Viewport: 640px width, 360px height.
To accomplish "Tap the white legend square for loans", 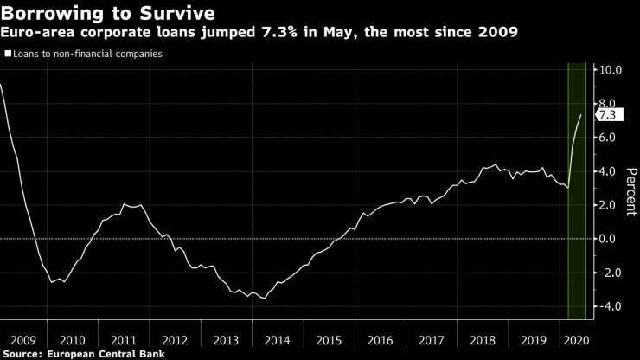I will coord(7,54).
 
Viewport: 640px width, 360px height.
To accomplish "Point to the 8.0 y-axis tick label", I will coord(608,104).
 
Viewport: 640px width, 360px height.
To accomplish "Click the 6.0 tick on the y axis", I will coord(608,138).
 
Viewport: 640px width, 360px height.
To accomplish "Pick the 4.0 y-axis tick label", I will coord(608,171).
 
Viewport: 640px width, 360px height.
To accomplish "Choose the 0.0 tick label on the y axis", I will coord(608,239).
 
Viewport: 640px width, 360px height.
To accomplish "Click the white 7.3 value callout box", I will coord(607,115).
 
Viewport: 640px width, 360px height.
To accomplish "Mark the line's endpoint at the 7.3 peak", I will coord(580,115).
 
